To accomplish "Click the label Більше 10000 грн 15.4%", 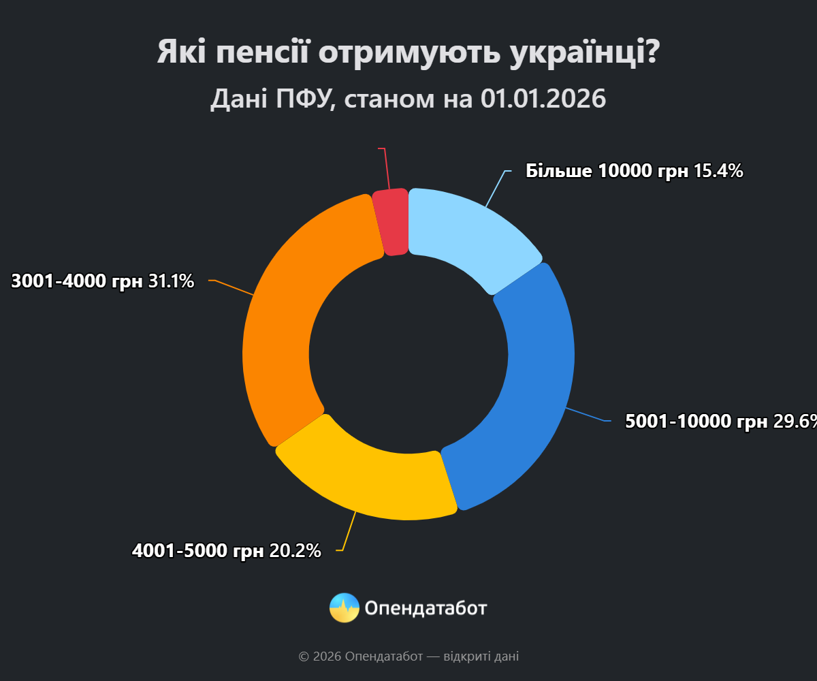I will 634,171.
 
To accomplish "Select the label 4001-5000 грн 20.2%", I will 226,551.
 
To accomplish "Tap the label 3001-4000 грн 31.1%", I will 103,281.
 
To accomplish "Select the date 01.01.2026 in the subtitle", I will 543,99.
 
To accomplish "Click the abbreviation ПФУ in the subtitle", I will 303,99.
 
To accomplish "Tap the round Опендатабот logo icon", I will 344,607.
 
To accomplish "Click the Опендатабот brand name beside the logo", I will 426,607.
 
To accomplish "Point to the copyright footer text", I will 408,656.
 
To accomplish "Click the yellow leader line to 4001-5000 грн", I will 349,531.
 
